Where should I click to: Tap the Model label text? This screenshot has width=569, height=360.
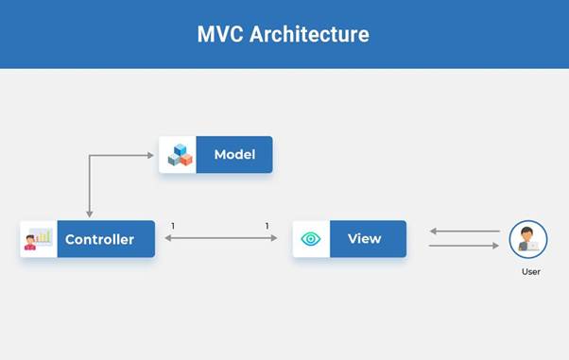tap(234, 155)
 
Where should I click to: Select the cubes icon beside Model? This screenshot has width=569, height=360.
tap(179, 155)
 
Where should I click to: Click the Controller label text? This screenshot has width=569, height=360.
tap(99, 240)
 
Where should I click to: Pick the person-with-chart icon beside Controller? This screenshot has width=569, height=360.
tap(39, 240)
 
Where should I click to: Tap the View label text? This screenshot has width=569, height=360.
tap(363, 239)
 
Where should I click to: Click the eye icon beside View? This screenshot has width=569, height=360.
tap(311, 239)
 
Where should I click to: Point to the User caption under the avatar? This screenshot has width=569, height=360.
tap(530, 271)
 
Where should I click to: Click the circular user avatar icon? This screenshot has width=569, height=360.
tap(528, 239)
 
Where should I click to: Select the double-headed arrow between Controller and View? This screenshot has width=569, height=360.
tap(221, 239)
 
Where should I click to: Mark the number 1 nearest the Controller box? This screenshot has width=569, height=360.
tap(173, 226)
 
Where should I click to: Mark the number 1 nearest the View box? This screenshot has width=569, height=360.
tap(267, 226)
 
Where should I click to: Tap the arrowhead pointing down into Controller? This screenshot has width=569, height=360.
tap(89, 214)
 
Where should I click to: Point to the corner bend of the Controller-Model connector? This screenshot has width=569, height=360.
tap(89, 155)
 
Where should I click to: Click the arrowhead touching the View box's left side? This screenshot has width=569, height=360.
tap(274, 239)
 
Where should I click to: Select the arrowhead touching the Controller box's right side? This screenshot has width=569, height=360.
tap(168, 239)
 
